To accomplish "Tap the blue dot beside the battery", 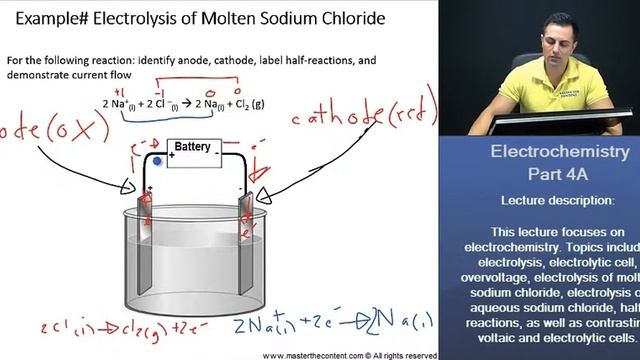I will coord(157,161).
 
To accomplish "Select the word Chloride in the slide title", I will coord(364,17).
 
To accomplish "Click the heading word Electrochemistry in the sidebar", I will coord(559,152).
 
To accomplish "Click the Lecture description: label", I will coord(559,201).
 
